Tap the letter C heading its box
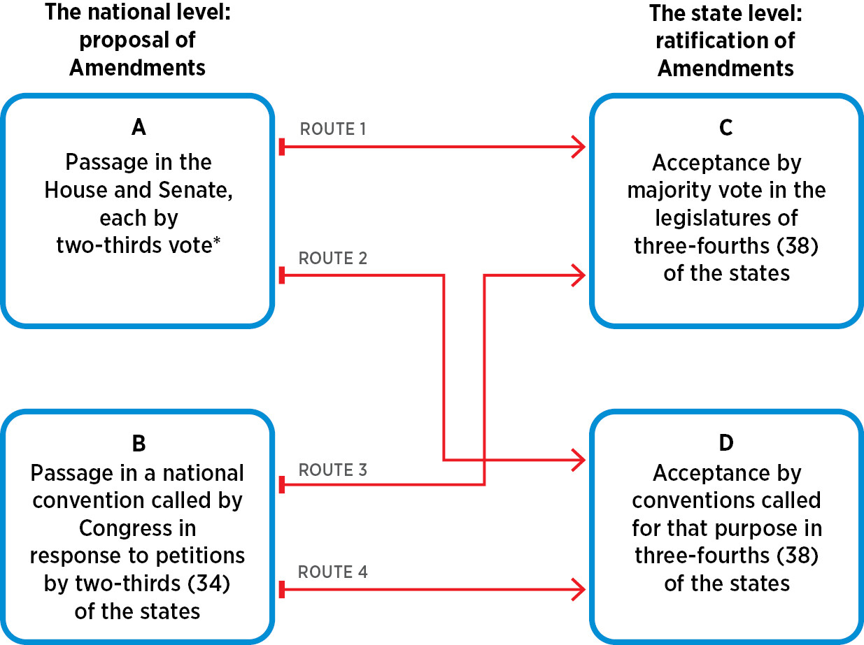(726, 129)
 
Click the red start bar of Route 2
(281, 275)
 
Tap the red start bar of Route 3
(281, 484)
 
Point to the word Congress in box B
(138, 528)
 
